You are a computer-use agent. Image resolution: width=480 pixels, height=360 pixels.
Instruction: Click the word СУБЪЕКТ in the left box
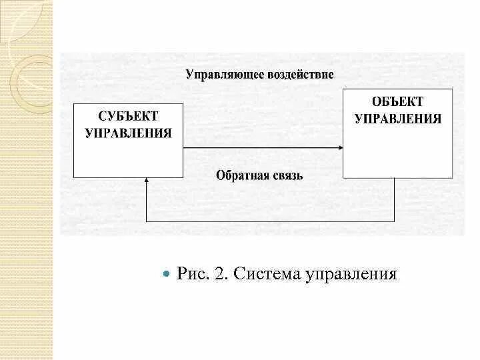coord(128,117)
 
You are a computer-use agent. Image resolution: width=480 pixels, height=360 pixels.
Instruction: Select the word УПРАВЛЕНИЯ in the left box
coord(128,133)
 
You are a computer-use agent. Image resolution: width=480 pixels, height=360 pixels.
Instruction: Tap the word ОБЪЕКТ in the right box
coord(397,102)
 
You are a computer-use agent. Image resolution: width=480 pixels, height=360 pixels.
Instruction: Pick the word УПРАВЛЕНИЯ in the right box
coord(397,119)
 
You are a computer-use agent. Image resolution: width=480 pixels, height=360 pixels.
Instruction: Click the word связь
coord(286,176)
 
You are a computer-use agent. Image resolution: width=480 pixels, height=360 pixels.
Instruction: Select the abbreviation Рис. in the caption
coord(191,274)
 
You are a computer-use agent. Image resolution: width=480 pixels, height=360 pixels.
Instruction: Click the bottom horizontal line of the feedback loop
coord(270,221)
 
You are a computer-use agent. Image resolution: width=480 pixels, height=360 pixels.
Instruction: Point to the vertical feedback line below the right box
coord(394,199)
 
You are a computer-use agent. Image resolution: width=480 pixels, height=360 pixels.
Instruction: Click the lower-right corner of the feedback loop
coord(394,221)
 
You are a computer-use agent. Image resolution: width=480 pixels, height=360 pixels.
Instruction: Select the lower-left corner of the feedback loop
coord(146,221)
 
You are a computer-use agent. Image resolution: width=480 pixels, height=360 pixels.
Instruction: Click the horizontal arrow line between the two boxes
coord(260,147)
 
